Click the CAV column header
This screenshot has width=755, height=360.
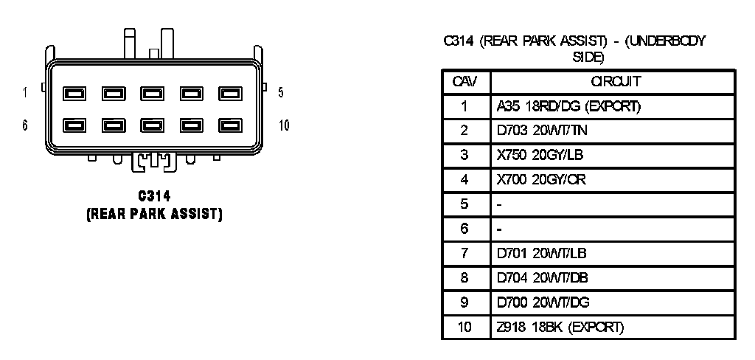click(465, 80)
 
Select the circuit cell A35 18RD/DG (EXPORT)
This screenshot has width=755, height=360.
click(568, 106)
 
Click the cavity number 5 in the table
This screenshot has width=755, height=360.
click(465, 204)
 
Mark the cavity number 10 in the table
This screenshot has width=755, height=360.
click(465, 326)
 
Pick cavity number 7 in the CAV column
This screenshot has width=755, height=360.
click(465, 253)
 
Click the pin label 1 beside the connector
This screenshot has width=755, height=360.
click(25, 93)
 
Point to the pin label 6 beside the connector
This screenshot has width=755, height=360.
click(25, 125)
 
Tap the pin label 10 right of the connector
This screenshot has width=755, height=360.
click(284, 125)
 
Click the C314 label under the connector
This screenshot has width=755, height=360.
click(154, 196)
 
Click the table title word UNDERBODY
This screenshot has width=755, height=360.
click(667, 42)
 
